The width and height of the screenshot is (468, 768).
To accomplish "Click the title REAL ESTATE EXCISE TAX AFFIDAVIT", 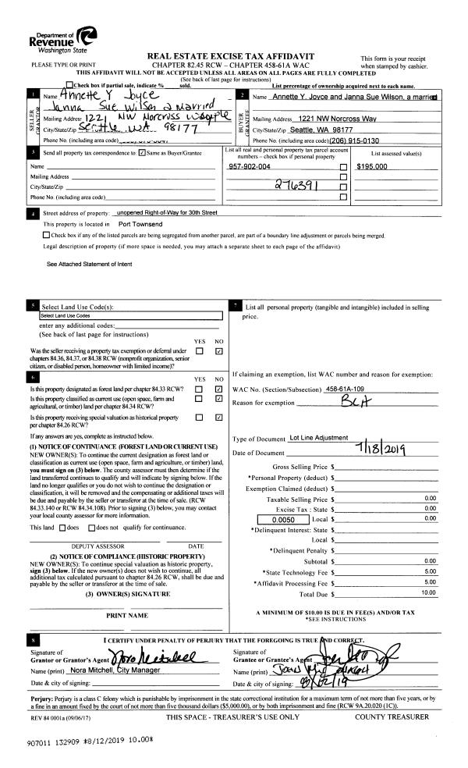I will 236,57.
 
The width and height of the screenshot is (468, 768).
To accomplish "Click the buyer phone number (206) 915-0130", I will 339,140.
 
